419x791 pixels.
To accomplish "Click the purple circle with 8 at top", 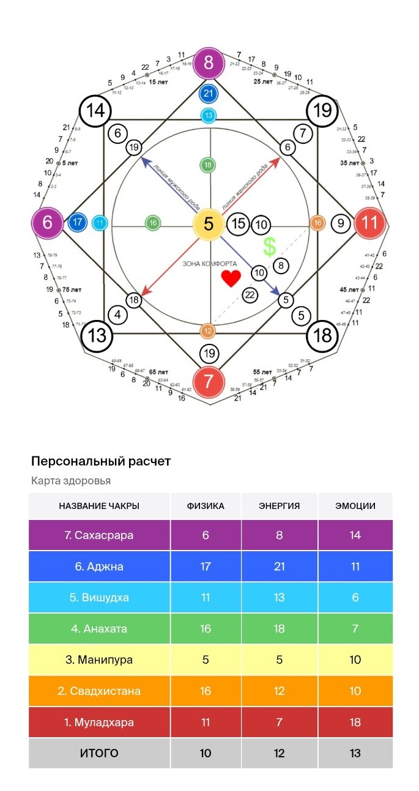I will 209,63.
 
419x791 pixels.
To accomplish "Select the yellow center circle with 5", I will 209,225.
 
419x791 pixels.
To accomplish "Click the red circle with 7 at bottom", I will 209,381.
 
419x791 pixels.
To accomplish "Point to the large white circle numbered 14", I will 96,111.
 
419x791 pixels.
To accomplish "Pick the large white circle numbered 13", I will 97,336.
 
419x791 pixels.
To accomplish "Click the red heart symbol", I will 231,279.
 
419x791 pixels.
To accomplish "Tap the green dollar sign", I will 269,247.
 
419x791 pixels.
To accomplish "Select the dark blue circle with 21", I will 209,94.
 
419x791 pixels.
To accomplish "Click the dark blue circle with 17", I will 78,223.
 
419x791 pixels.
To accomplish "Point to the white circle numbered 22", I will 250,295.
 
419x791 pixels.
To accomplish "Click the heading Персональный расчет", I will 101,461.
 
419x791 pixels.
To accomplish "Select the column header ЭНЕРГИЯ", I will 280,506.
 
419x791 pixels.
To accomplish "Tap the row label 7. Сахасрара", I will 99,535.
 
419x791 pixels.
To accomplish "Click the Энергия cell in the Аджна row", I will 280,566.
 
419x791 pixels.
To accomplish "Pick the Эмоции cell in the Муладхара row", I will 355,722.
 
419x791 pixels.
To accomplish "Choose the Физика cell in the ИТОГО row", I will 206,754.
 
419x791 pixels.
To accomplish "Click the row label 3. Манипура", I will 99,660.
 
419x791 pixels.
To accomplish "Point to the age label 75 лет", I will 73,289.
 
